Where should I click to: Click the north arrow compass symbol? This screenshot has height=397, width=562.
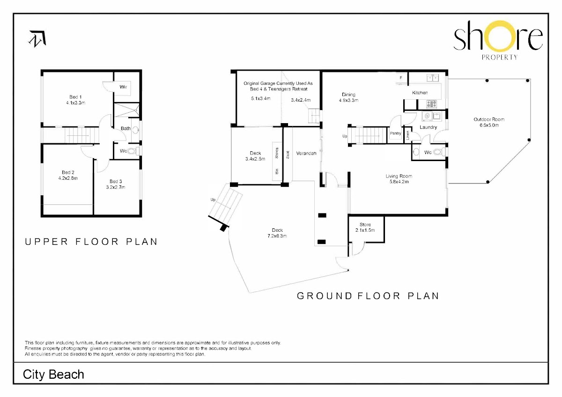37,38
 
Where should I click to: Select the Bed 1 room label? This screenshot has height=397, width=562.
75,97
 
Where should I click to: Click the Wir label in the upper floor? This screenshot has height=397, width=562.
123,87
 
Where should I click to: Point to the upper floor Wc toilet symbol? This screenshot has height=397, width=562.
132,151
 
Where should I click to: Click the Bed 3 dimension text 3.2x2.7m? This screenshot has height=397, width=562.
116,187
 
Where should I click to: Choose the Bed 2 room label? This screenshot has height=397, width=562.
68,172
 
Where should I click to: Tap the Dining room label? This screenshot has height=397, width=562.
348,95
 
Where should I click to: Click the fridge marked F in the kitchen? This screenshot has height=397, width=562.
401,78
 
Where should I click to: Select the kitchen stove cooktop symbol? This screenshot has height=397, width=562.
431,104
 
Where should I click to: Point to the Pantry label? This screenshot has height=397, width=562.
395,133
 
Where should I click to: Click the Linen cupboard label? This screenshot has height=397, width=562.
408,135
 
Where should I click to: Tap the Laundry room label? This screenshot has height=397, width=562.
428,127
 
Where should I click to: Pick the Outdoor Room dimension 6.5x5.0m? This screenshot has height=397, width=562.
489,125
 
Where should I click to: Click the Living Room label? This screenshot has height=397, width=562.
399,176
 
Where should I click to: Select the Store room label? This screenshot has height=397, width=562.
365,224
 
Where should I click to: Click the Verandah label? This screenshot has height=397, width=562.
306,153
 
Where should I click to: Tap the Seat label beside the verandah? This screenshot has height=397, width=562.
288,155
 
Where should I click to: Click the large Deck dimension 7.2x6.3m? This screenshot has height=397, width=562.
277,236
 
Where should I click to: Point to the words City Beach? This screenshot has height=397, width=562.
53,375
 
